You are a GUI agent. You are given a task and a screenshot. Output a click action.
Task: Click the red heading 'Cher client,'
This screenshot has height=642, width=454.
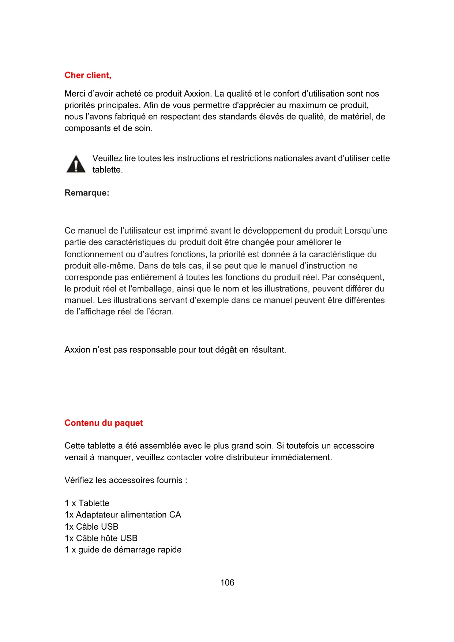coord(88,75)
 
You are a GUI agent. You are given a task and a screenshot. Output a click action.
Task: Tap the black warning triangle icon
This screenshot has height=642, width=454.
coord(76,164)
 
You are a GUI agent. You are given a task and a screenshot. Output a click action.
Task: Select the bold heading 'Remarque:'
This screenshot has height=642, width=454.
coord(87,193)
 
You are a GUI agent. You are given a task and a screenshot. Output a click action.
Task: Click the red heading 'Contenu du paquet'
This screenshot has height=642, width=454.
coord(104,423)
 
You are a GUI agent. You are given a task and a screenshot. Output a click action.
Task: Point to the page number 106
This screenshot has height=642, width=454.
coord(227,582)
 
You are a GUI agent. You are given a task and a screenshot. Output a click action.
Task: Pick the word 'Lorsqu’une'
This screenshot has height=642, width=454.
coord(365,231)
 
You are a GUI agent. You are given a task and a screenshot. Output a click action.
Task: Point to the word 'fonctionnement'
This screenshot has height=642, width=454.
coord(94,254)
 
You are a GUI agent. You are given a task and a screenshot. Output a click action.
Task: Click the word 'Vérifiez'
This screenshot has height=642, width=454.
coord(79,480)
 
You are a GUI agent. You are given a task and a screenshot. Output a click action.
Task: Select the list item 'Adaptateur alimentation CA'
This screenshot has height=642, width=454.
coord(128,515)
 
